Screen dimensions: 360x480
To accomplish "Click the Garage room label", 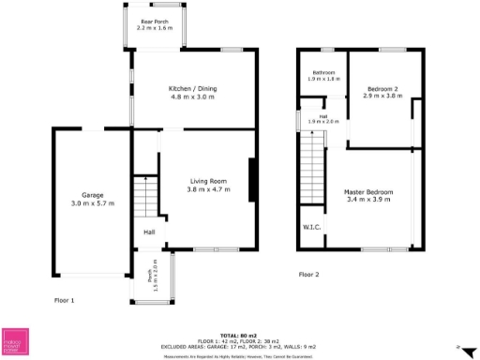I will pyautogui.click(x=90, y=196).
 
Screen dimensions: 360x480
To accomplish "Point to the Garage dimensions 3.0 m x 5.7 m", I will pyautogui.click(x=90, y=203).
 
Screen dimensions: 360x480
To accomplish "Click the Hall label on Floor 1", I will pyautogui.click(x=149, y=232).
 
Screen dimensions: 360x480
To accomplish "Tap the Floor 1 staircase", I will pyautogui.click(x=144, y=197).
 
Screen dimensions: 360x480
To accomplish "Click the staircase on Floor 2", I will pyautogui.click(x=312, y=168).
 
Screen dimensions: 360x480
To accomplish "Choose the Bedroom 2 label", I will pyautogui.click(x=382, y=88).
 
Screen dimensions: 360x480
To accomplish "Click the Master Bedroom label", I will pyautogui.click(x=369, y=192).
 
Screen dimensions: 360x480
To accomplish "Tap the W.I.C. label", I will pyautogui.click(x=312, y=227).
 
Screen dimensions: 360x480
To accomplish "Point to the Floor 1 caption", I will pyautogui.click(x=65, y=300).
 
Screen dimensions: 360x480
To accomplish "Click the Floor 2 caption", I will pyautogui.click(x=309, y=275).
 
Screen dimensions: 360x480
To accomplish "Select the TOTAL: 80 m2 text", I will pyautogui.click(x=240, y=334).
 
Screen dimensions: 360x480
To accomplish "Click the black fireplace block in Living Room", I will pyautogui.click(x=251, y=180).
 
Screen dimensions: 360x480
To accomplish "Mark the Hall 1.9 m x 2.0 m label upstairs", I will pyautogui.click(x=323, y=119).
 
